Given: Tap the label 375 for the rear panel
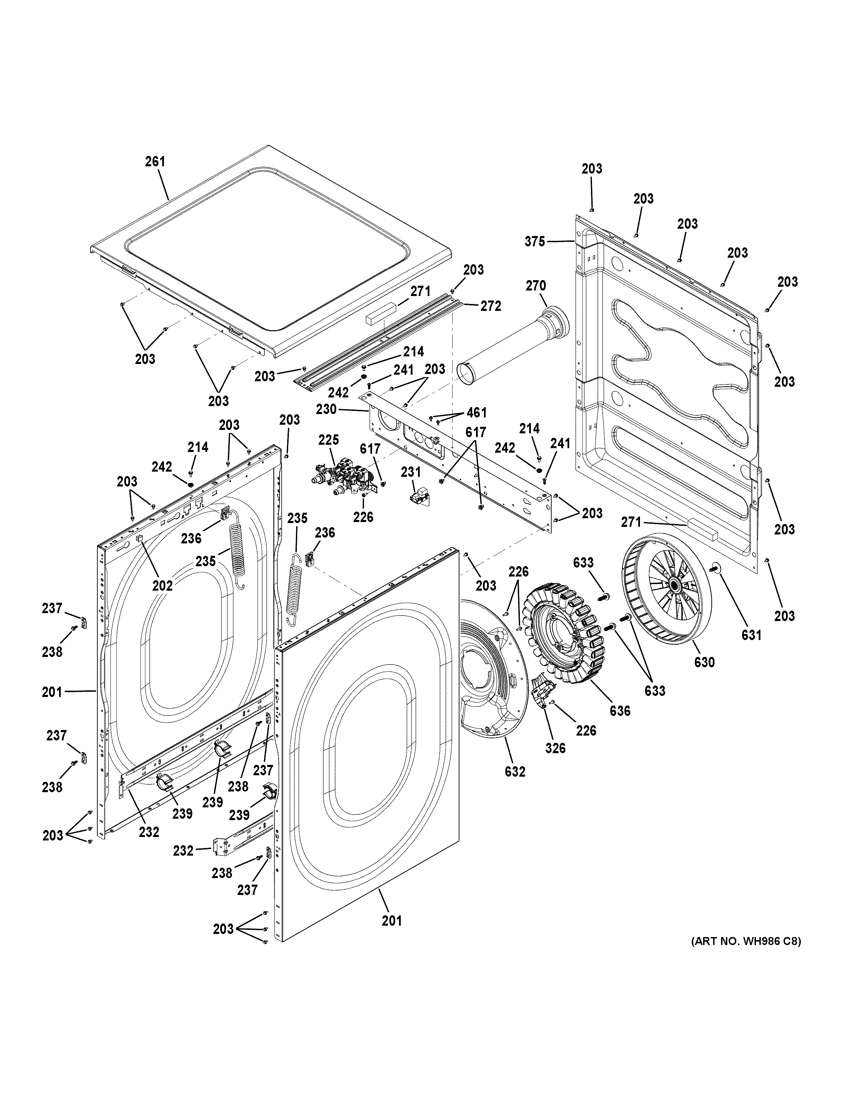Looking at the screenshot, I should [535, 242].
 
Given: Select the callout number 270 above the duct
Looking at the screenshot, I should [536, 286].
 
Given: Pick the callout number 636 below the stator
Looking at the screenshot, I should [620, 711].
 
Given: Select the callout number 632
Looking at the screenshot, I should [515, 772].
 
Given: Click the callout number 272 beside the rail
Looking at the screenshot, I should [491, 306].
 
